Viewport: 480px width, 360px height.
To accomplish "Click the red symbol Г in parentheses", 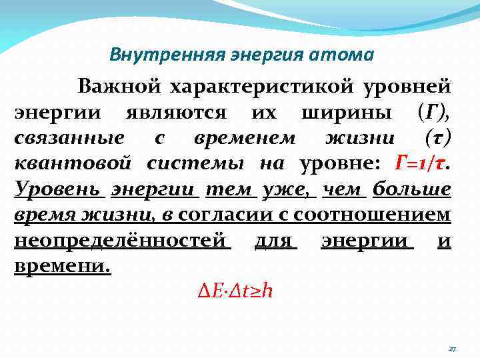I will click(431, 112).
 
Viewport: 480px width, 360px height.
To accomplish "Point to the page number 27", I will click(451, 349).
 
